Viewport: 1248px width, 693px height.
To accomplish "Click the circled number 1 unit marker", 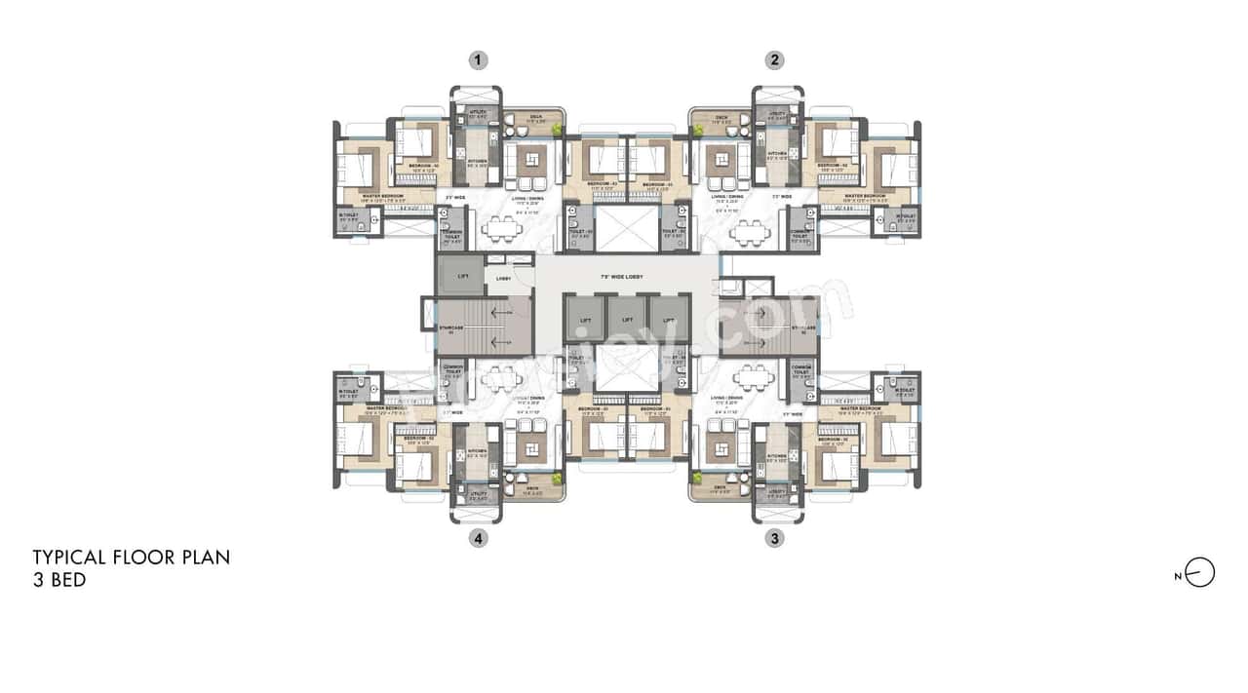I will click(x=477, y=60).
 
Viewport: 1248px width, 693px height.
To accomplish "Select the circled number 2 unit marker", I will click(x=774, y=60).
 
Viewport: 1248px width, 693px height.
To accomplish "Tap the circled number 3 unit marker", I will click(x=774, y=538).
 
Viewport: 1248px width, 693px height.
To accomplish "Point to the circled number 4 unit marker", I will click(x=477, y=538).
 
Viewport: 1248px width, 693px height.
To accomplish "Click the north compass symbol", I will click(x=1200, y=573).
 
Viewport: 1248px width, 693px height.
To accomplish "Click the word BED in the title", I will click(x=61, y=580).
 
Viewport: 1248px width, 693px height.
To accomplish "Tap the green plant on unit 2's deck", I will click(x=696, y=129).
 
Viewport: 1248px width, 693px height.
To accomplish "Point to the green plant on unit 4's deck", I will click(x=557, y=479).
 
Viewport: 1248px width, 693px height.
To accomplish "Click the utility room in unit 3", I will click(x=778, y=495).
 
